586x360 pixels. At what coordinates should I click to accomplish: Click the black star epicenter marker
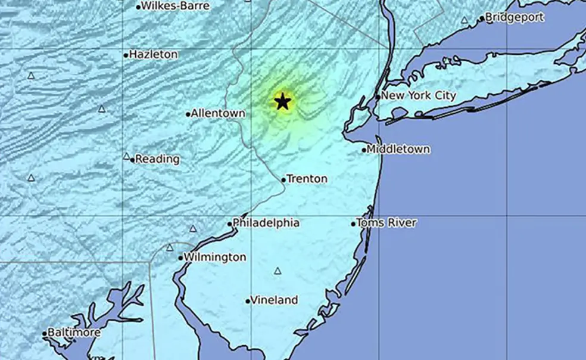click(282, 101)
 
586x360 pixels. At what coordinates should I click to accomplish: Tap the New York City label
click(419, 95)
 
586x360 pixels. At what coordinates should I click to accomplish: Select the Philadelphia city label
click(266, 223)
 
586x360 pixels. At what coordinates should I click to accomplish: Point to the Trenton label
click(307, 179)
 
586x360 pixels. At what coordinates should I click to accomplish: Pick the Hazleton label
click(154, 54)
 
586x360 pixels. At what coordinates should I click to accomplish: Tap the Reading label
click(157, 159)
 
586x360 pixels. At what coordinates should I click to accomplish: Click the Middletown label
click(398, 149)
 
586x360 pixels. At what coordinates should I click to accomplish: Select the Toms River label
click(386, 223)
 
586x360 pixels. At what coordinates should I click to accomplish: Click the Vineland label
click(274, 300)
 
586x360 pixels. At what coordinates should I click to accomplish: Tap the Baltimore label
click(74, 333)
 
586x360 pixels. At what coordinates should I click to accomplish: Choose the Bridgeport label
click(515, 18)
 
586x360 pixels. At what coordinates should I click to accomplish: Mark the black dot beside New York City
click(378, 97)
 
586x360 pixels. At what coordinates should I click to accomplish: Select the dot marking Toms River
click(353, 224)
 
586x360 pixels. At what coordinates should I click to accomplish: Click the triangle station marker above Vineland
click(278, 271)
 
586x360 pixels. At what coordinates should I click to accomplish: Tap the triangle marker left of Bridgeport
click(465, 20)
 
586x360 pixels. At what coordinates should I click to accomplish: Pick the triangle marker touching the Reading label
click(127, 157)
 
